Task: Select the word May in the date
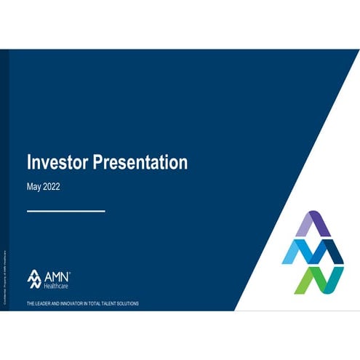[x=35, y=186]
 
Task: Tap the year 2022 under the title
[x=52, y=186]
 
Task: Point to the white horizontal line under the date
[x=65, y=211]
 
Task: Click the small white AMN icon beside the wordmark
[x=36, y=279]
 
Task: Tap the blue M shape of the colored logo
[x=312, y=252]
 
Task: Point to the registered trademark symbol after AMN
[x=70, y=271]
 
